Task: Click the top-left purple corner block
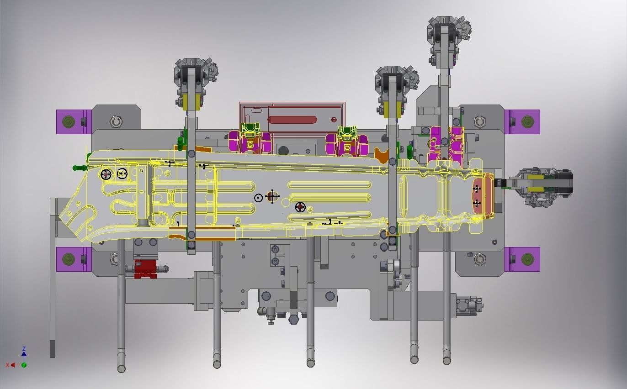click(x=74, y=121)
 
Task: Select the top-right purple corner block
click(x=522, y=121)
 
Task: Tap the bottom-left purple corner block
click(x=74, y=259)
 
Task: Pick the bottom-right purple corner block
click(x=522, y=259)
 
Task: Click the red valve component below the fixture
click(x=145, y=269)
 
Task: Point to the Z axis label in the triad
click(x=24, y=349)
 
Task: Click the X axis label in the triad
click(x=8, y=365)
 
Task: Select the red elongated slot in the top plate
click(x=292, y=120)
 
